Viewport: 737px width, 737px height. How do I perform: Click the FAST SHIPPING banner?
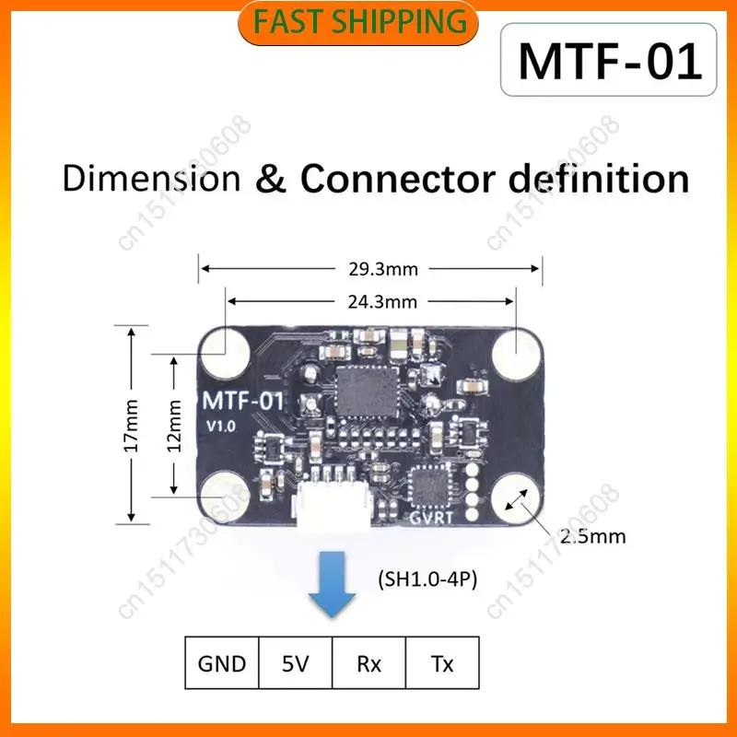(358, 22)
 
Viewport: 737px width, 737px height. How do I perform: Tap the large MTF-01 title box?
(609, 60)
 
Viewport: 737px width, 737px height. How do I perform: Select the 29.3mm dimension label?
(383, 269)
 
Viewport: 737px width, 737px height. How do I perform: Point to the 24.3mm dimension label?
(382, 302)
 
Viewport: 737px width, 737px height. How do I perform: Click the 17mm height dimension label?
(132, 426)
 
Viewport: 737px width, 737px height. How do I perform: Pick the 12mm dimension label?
(174, 426)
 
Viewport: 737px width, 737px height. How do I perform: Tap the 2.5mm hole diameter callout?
(592, 536)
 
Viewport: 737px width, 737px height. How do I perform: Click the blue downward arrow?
(332, 584)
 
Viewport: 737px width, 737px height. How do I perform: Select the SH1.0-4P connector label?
(427, 579)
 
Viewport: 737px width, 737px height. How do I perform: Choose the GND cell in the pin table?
(222, 663)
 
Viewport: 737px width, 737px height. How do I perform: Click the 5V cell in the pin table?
(295, 663)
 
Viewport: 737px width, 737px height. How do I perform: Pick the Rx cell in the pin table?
(368, 663)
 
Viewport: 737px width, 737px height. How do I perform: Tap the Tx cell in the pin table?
(442, 663)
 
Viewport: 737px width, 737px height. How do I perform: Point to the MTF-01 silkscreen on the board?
(243, 401)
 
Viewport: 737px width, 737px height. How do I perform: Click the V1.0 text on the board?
(221, 427)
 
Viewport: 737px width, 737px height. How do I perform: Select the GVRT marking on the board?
(431, 518)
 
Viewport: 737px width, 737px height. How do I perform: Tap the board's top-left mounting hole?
(225, 354)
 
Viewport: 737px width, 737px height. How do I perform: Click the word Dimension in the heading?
(151, 179)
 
